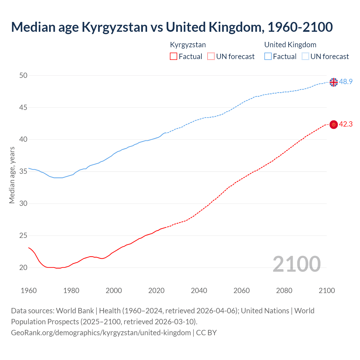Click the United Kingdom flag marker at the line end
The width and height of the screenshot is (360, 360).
click(x=334, y=82)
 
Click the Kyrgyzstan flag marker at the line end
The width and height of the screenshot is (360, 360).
click(x=334, y=124)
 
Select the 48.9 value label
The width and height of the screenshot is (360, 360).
click(x=346, y=82)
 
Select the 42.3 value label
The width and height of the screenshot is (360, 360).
click(x=346, y=124)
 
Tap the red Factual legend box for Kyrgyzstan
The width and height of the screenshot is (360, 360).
click(x=174, y=57)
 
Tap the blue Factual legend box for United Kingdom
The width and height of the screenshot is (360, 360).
click(x=268, y=57)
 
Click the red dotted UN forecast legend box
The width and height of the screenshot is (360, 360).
click(x=211, y=57)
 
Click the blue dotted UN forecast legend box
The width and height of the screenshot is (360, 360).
click(x=305, y=57)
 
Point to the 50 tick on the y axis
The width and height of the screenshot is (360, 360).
click(x=23, y=75)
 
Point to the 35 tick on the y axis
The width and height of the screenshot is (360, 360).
click(x=23, y=171)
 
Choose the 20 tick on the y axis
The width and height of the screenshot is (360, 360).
click(x=23, y=267)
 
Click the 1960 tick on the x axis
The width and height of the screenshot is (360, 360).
click(x=29, y=291)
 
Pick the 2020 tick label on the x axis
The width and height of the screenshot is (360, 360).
click(x=156, y=291)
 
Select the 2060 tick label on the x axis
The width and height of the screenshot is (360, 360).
click(x=242, y=291)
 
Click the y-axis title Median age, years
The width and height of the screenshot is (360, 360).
click(x=12, y=175)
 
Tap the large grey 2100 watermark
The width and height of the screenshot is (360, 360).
click(x=296, y=264)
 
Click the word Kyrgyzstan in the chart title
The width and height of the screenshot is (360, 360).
click(x=114, y=27)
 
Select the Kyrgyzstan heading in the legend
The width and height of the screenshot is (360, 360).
click(x=188, y=45)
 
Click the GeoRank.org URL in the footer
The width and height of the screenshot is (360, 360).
click(x=101, y=332)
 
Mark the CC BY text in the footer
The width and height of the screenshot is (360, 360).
click(x=206, y=332)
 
